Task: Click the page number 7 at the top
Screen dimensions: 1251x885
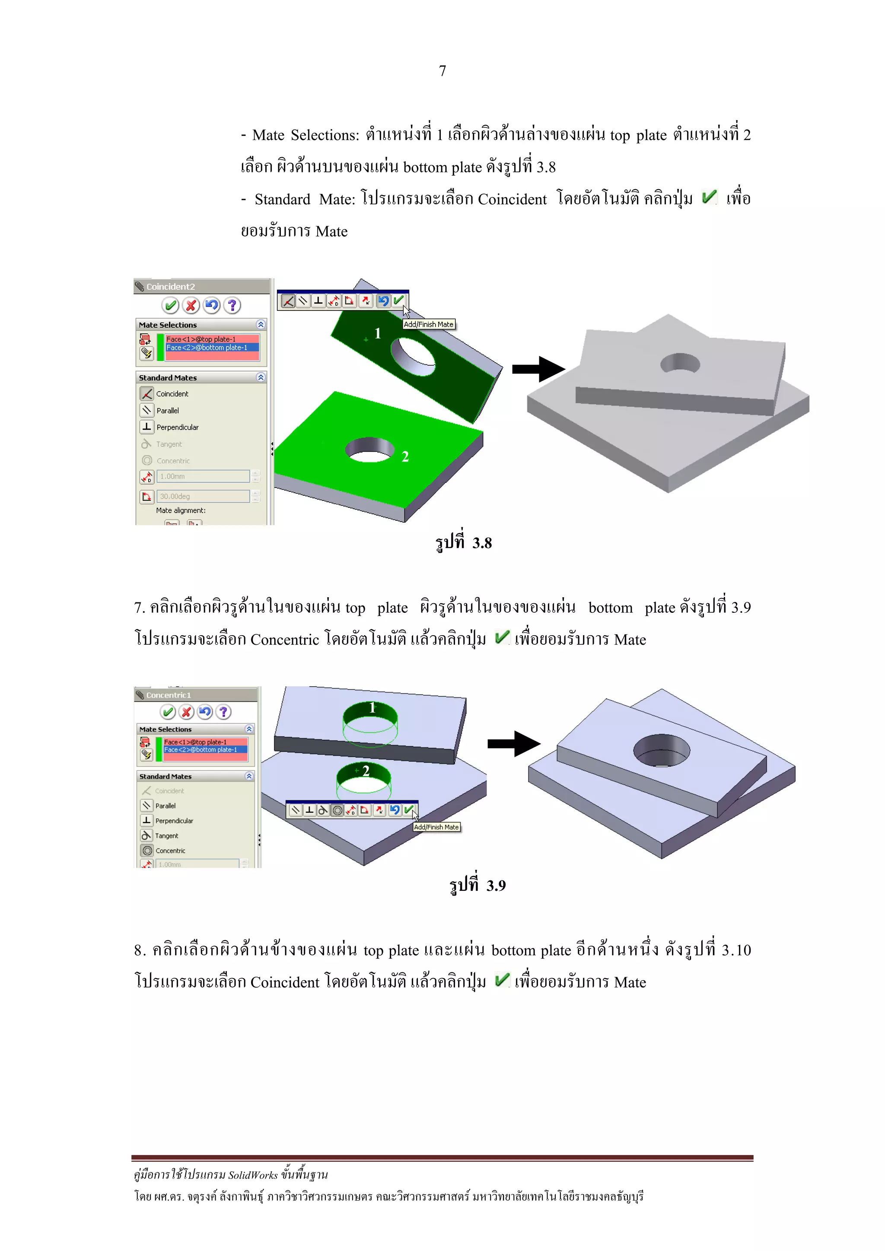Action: [442, 71]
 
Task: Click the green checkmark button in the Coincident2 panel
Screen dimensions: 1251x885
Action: [170, 305]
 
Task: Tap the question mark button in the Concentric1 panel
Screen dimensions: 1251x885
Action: [223, 712]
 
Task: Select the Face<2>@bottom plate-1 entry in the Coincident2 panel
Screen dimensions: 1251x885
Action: [207, 348]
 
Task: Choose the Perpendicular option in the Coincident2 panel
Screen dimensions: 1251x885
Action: [177, 427]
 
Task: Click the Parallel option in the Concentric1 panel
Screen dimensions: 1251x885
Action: [165, 805]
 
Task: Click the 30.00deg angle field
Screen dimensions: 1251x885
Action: [203, 496]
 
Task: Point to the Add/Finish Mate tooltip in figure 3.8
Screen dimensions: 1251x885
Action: [429, 324]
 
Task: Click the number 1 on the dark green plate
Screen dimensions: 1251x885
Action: [377, 333]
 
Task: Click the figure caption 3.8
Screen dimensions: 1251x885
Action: [464, 543]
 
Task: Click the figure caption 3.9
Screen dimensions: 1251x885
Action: [477, 885]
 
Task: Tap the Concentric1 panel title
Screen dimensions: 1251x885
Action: [169, 695]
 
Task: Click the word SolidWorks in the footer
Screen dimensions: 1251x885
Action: [252, 1175]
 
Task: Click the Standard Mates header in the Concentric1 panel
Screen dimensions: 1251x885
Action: [165, 776]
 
